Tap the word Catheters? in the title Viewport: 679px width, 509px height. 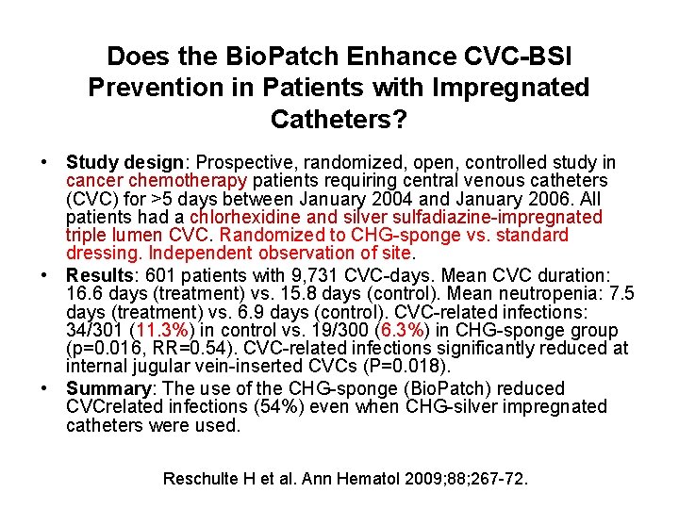(339, 120)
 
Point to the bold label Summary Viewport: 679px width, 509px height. (106, 389)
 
